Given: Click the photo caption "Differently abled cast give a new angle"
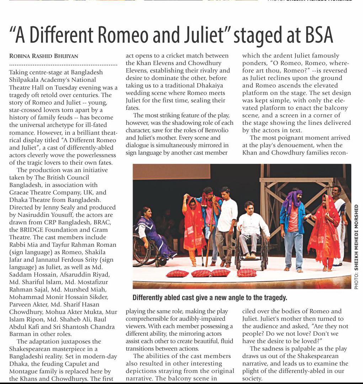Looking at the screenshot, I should coord(210,298).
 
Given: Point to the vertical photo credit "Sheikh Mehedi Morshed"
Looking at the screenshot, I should coord(356,247).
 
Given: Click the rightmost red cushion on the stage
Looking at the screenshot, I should coord(247,273).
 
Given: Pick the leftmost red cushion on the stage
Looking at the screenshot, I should coord(177,273).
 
